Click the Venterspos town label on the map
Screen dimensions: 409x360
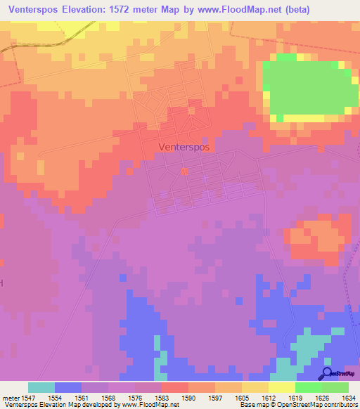[x=184, y=148]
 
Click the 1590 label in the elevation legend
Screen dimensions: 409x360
[x=188, y=397]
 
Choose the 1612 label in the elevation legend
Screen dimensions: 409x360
[x=268, y=397]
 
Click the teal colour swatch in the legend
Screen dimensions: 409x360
[x=41, y=387]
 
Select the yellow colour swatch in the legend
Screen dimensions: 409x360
[x=281, y=387]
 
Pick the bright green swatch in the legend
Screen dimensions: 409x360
[x=308, y=387]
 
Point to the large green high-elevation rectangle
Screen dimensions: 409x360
[x=309, y=88]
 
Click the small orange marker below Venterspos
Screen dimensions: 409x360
[x=184, y=171]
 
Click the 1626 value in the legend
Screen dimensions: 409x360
[x=321, y=397]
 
